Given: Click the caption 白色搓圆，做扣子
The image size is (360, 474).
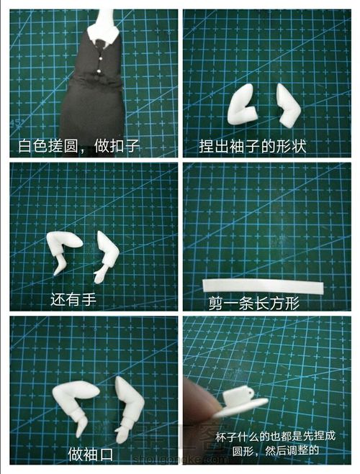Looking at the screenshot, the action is point(78,146).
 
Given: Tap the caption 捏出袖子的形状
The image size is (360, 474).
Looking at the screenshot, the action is point(252,146).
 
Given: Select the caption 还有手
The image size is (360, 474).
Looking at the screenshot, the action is point(73,299).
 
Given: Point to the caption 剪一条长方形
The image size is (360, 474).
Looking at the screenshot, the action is point(254,304).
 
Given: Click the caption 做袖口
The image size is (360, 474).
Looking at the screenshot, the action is point(91,455).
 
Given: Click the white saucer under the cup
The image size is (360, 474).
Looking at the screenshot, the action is point(242,407).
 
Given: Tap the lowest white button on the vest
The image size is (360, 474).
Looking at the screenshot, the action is point(99,71).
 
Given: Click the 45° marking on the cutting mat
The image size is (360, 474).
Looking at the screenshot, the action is point(17,122).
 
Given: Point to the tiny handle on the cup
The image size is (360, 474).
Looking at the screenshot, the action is point(251,392).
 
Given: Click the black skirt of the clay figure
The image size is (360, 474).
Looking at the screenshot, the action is point(92,109).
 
